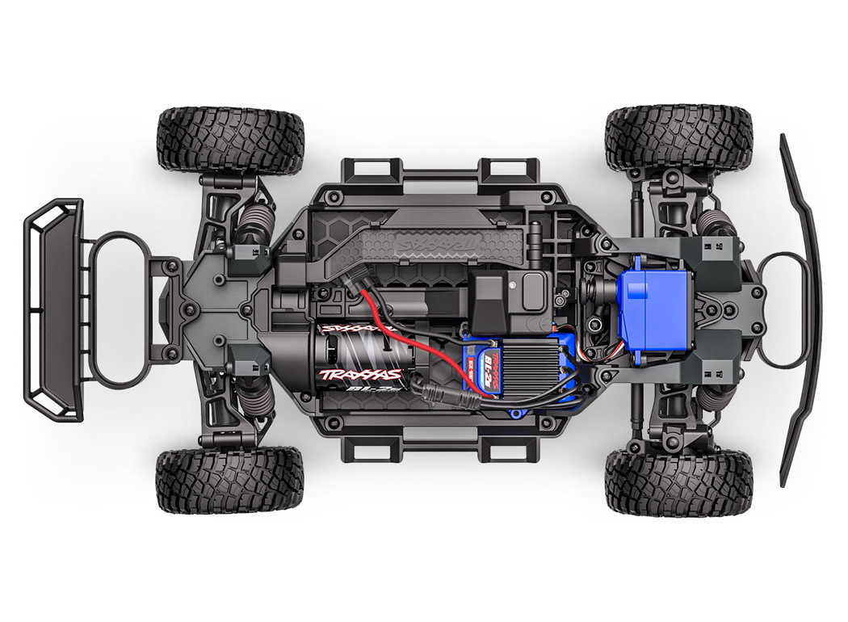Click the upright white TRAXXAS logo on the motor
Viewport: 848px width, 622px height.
[361, 374]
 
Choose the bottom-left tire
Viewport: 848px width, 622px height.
[230, 480]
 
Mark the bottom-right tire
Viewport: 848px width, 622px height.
[678, 483]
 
